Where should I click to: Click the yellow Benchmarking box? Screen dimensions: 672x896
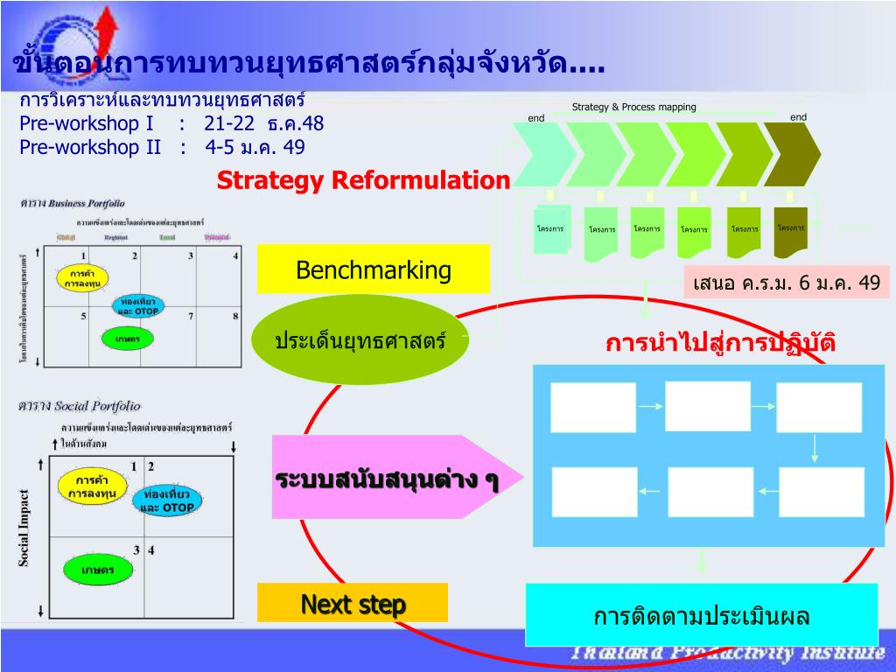point(374,269)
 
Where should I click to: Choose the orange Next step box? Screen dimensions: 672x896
point(353,603)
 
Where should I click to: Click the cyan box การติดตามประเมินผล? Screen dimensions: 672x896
point(701,615)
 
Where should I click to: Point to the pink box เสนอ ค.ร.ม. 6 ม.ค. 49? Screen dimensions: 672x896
point(787,283)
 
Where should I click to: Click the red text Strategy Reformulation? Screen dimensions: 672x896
point(363,180)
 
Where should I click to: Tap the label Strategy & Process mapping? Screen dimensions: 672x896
point(633,107)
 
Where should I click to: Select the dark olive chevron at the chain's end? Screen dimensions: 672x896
point(791,154)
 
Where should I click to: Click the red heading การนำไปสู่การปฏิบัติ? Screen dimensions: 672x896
point(720,342)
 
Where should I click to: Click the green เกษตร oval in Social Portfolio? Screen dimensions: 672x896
point(98,570)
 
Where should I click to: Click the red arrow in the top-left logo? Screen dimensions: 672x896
point(107,35)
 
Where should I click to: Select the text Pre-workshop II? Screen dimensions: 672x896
point(90,146)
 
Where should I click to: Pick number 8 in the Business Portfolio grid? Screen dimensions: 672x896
point(235,316)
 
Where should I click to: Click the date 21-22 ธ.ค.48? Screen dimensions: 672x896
point(263,122)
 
